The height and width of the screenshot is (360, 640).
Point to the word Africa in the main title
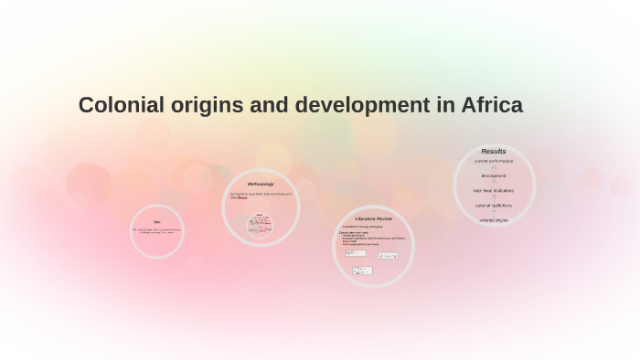click(493, 105)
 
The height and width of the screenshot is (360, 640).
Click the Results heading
click(494, 152)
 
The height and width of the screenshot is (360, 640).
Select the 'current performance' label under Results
click(494, 161)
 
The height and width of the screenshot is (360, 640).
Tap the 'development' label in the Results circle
click(494, 175)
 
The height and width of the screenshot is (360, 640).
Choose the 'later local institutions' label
click(494, 190)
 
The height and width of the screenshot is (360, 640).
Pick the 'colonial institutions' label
click(494, 205)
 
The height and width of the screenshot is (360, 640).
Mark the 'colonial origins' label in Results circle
click(494, 220)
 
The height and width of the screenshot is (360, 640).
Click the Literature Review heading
click(373, 219)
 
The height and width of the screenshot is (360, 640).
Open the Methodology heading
click(261, 184)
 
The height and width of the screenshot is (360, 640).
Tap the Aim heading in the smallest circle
click(157, 222)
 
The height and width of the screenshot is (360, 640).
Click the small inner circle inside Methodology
click(261, 224)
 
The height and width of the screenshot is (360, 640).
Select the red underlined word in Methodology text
click(241, 197)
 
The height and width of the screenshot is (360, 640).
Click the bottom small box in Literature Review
click(363, 270)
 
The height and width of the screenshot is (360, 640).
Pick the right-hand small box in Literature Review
click(388, 256)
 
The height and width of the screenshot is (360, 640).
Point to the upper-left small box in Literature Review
click(356, 253)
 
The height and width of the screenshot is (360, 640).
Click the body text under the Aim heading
click(157, 230)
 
